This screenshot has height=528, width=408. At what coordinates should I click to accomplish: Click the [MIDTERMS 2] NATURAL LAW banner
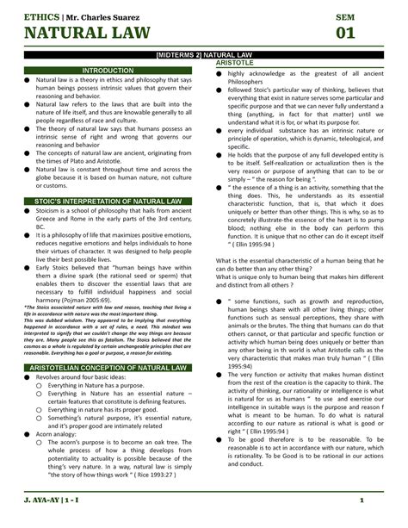(205, 56)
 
